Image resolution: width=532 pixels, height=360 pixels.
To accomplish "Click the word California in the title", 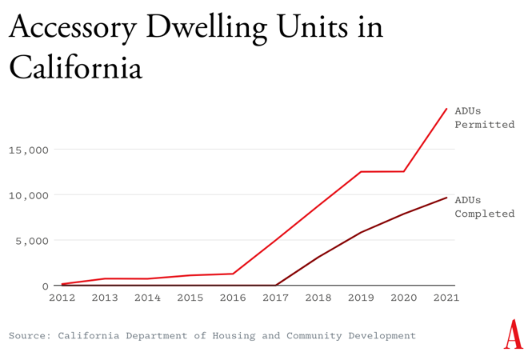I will point(75,67).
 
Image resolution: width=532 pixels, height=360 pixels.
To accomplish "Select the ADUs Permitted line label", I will point(484,118).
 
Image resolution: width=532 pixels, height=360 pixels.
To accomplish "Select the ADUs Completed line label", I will point(484,206).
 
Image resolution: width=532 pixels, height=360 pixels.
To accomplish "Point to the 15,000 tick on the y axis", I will point(29,150).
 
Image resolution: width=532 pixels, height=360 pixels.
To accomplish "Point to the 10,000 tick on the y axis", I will point(29,195).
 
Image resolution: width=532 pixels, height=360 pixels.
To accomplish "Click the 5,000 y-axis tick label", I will point(32,241).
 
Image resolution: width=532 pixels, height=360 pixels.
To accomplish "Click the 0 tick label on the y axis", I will point(45,286).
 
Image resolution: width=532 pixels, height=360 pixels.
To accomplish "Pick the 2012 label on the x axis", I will point(62,298).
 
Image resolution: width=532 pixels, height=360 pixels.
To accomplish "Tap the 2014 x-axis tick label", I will point(147,298).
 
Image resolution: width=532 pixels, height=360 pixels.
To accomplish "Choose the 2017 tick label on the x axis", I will point(276,298).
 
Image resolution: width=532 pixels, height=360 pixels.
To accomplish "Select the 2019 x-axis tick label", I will point(361,298).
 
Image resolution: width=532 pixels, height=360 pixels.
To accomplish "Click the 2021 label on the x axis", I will point(446,298).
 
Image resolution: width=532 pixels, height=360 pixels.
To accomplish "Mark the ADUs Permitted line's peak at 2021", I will point(446,109).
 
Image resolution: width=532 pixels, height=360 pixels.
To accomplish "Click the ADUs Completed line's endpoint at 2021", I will point(446,198).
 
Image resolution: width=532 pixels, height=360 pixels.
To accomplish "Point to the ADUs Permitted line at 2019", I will point(361,172).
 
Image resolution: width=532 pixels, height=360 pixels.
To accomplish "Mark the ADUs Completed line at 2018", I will point(318,257).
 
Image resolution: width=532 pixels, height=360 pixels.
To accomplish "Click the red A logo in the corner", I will point(513,334).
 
